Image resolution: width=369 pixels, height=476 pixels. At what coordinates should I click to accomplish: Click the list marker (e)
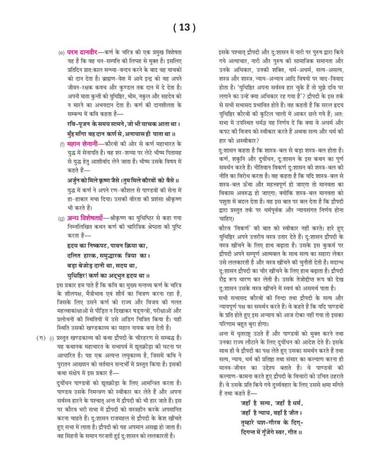[61, 51]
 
